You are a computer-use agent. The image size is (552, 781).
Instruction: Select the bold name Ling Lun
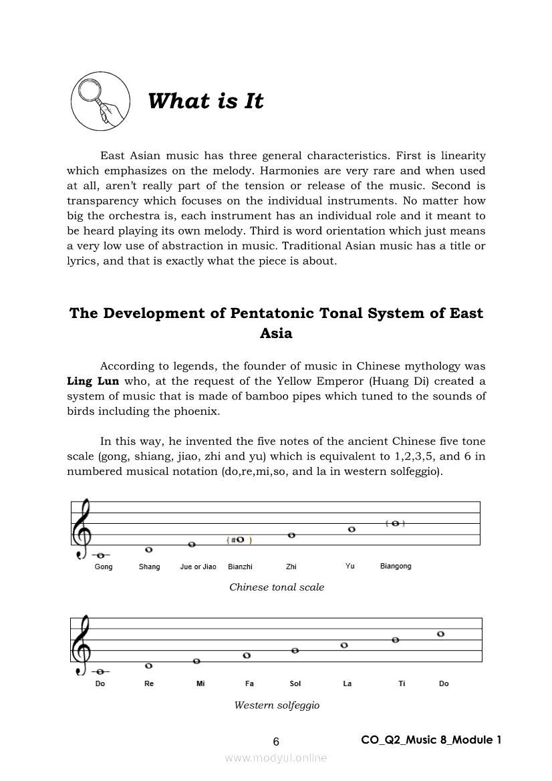click(93, 381)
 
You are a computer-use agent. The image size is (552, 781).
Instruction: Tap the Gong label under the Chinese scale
click(104, 567)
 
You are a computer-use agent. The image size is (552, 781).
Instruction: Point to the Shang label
click(149, 567)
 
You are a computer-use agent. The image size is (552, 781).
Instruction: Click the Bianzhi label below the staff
click(240, 567)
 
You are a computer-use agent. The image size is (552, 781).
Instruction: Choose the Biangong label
click(396, 566)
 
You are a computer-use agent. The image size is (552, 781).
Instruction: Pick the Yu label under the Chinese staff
click(350, 566)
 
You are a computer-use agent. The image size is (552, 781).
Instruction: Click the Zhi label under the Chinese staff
click(291, 567)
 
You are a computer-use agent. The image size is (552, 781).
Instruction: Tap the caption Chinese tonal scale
click(277, 587)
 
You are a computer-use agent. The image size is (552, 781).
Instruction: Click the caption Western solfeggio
click(277, 705)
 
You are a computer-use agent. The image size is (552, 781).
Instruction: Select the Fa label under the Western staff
click(249, 683)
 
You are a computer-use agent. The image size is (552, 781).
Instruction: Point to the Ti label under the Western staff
click(402, 683)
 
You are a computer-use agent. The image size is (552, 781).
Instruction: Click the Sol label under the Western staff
click(295, 683)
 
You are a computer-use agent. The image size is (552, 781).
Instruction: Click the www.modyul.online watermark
click(276, 758)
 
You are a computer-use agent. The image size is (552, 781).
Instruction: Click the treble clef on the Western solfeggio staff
click(82, 645)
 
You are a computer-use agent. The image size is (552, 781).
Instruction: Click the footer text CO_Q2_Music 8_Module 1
click(431, 740)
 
